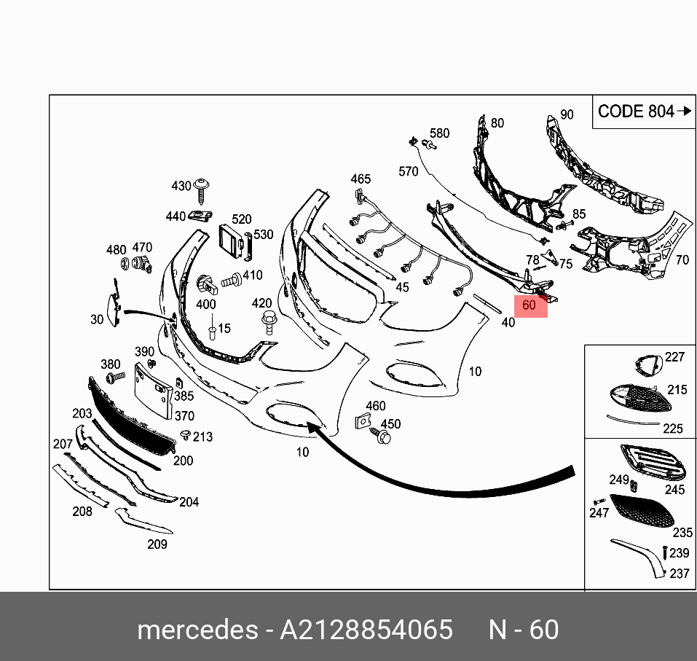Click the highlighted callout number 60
pos(529,305)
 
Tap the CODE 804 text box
pos(644,112)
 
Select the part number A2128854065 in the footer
pos(366,630)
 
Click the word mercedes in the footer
pos(198,630)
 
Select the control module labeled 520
pos(231,241)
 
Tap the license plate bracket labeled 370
pos(154,391)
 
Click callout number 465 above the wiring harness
pos(361,179)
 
